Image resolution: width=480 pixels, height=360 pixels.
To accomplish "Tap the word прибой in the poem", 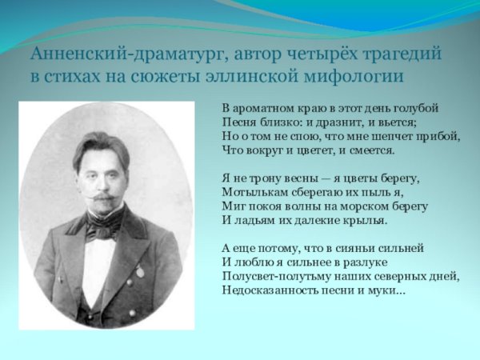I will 440,136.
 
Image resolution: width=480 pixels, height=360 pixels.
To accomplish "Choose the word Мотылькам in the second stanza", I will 250,192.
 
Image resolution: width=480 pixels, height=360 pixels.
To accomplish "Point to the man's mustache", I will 102,196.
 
